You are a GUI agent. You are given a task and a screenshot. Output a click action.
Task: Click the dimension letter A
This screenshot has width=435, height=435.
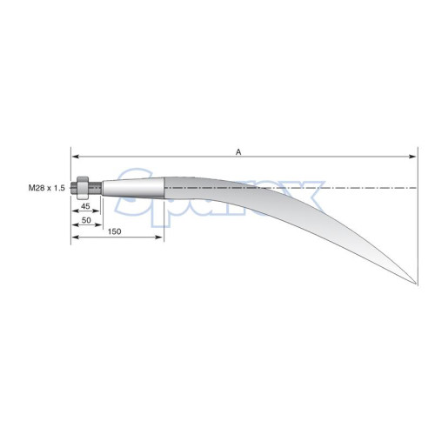(x=238, y=152)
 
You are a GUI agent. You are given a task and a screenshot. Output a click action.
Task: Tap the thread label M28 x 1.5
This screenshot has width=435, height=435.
(x=47, y=188)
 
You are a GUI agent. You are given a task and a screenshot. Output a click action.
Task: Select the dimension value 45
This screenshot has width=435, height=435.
(x=85, y=206)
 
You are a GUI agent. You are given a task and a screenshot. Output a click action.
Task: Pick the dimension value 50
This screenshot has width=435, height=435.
(x=86, y=220)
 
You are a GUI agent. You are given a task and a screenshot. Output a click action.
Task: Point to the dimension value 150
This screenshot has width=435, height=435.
(x=115, y=231)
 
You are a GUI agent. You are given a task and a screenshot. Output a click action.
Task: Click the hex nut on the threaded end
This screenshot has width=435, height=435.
(x=83, y=188)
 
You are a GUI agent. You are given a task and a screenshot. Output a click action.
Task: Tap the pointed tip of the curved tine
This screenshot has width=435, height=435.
(x=417, y=284)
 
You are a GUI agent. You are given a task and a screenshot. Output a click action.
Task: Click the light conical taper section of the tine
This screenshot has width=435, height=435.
(x=133, y=188)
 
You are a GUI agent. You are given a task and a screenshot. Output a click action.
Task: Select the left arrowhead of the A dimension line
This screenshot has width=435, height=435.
(x=76, y=157)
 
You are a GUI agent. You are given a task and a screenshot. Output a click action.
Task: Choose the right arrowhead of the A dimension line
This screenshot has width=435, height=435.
(x=412, y=157)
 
